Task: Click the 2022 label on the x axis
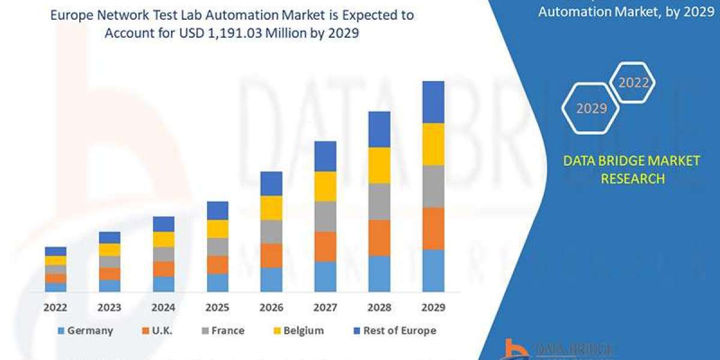[56, 308]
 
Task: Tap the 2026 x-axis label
[271, 308]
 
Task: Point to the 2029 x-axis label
[433, 308]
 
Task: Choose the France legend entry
[221, 331]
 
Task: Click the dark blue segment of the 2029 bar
[433, 102]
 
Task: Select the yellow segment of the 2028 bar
[379, 165]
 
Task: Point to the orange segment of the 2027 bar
[325, 247]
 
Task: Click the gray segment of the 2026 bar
[271, 232]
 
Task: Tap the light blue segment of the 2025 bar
[218, 283]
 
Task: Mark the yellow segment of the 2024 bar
[164, 239]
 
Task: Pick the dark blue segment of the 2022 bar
[56, 251]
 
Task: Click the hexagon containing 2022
[633, 83]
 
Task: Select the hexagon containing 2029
[591, 109]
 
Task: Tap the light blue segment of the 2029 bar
[433, 271]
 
